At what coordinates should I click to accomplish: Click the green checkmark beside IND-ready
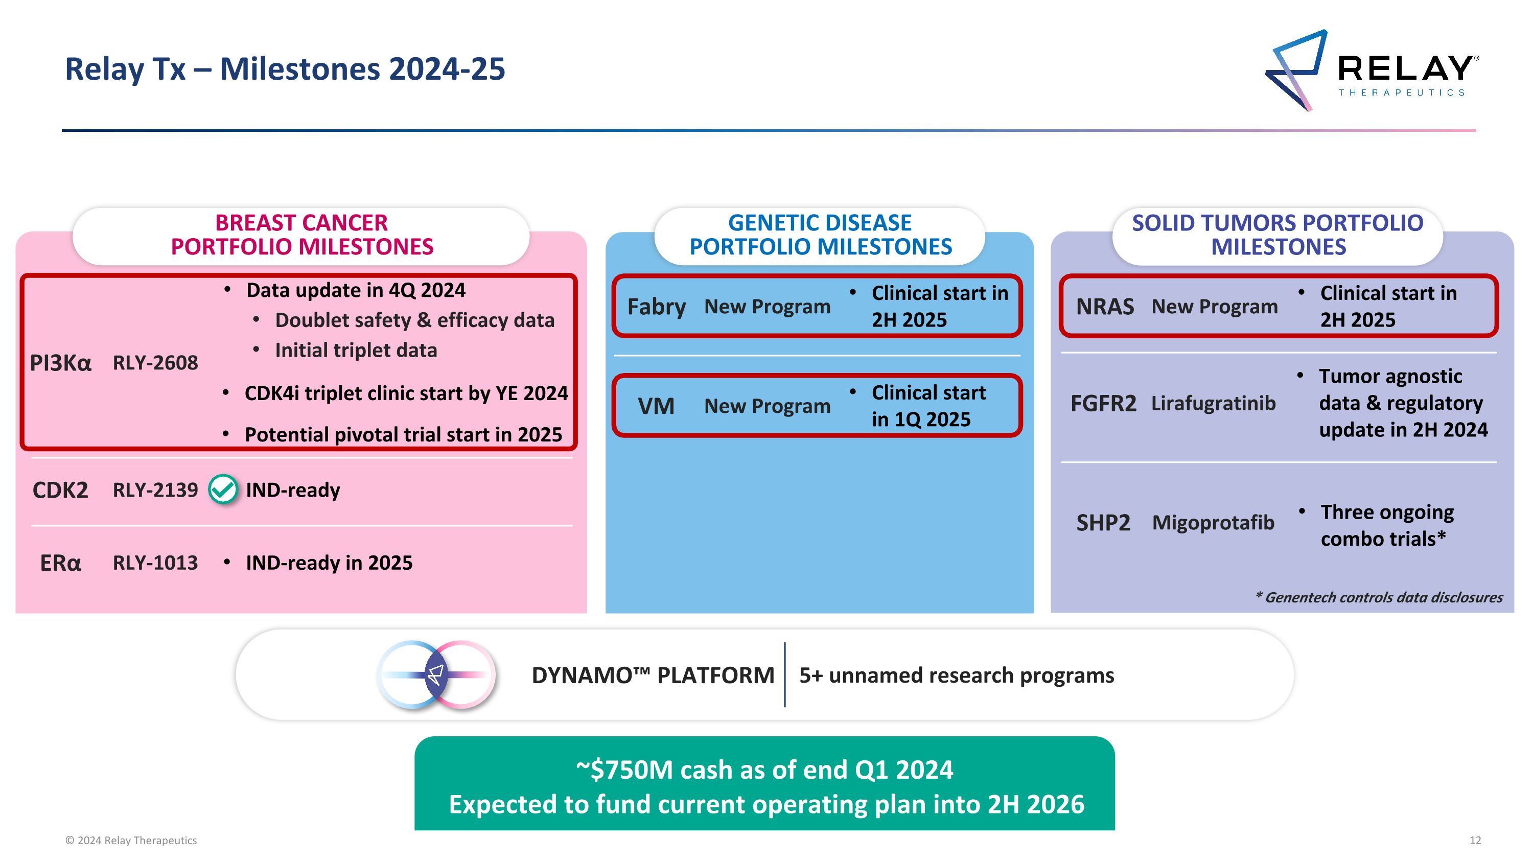(223, 490)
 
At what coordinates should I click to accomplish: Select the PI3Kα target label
(61, 363)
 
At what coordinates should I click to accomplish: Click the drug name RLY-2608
(155, 363)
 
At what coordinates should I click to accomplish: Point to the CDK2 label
(60, 490)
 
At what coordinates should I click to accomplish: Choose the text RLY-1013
(155, 563)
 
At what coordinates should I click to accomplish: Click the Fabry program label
(657, 307)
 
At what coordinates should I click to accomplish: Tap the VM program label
(656, 406)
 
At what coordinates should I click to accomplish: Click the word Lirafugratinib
(1214, 403)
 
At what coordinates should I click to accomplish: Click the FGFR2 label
(1103, 403)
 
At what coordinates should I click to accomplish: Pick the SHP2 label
(1103, 523)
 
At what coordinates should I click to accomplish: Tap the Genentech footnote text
(1379, 597)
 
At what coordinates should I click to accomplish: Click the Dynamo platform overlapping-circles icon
(436, 674)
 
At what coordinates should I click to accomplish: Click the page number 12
(1475, 840)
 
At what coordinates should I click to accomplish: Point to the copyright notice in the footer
(131, 840)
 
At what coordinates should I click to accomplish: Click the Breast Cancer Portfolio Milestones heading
(301, 235)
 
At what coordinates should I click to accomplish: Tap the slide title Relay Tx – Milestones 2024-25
(285, 69)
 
